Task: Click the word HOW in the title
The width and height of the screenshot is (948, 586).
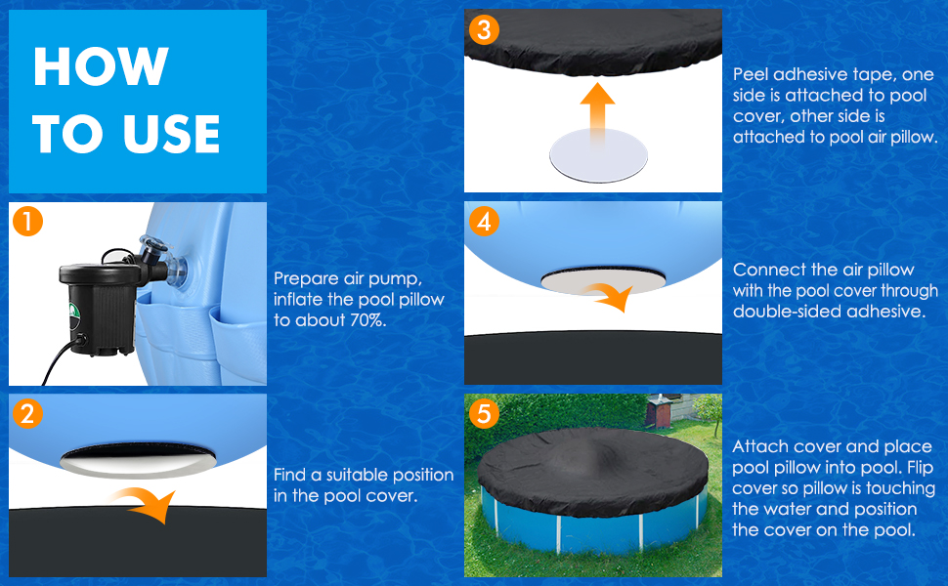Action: point(101,66)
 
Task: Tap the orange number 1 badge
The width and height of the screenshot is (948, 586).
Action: point(28,223)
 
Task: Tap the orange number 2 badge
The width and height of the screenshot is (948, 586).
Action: point(28,414)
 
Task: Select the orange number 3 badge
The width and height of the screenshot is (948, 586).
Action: point(483,29)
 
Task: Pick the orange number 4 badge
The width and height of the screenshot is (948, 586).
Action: point(483,222)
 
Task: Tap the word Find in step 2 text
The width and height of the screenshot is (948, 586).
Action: point(291,475)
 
